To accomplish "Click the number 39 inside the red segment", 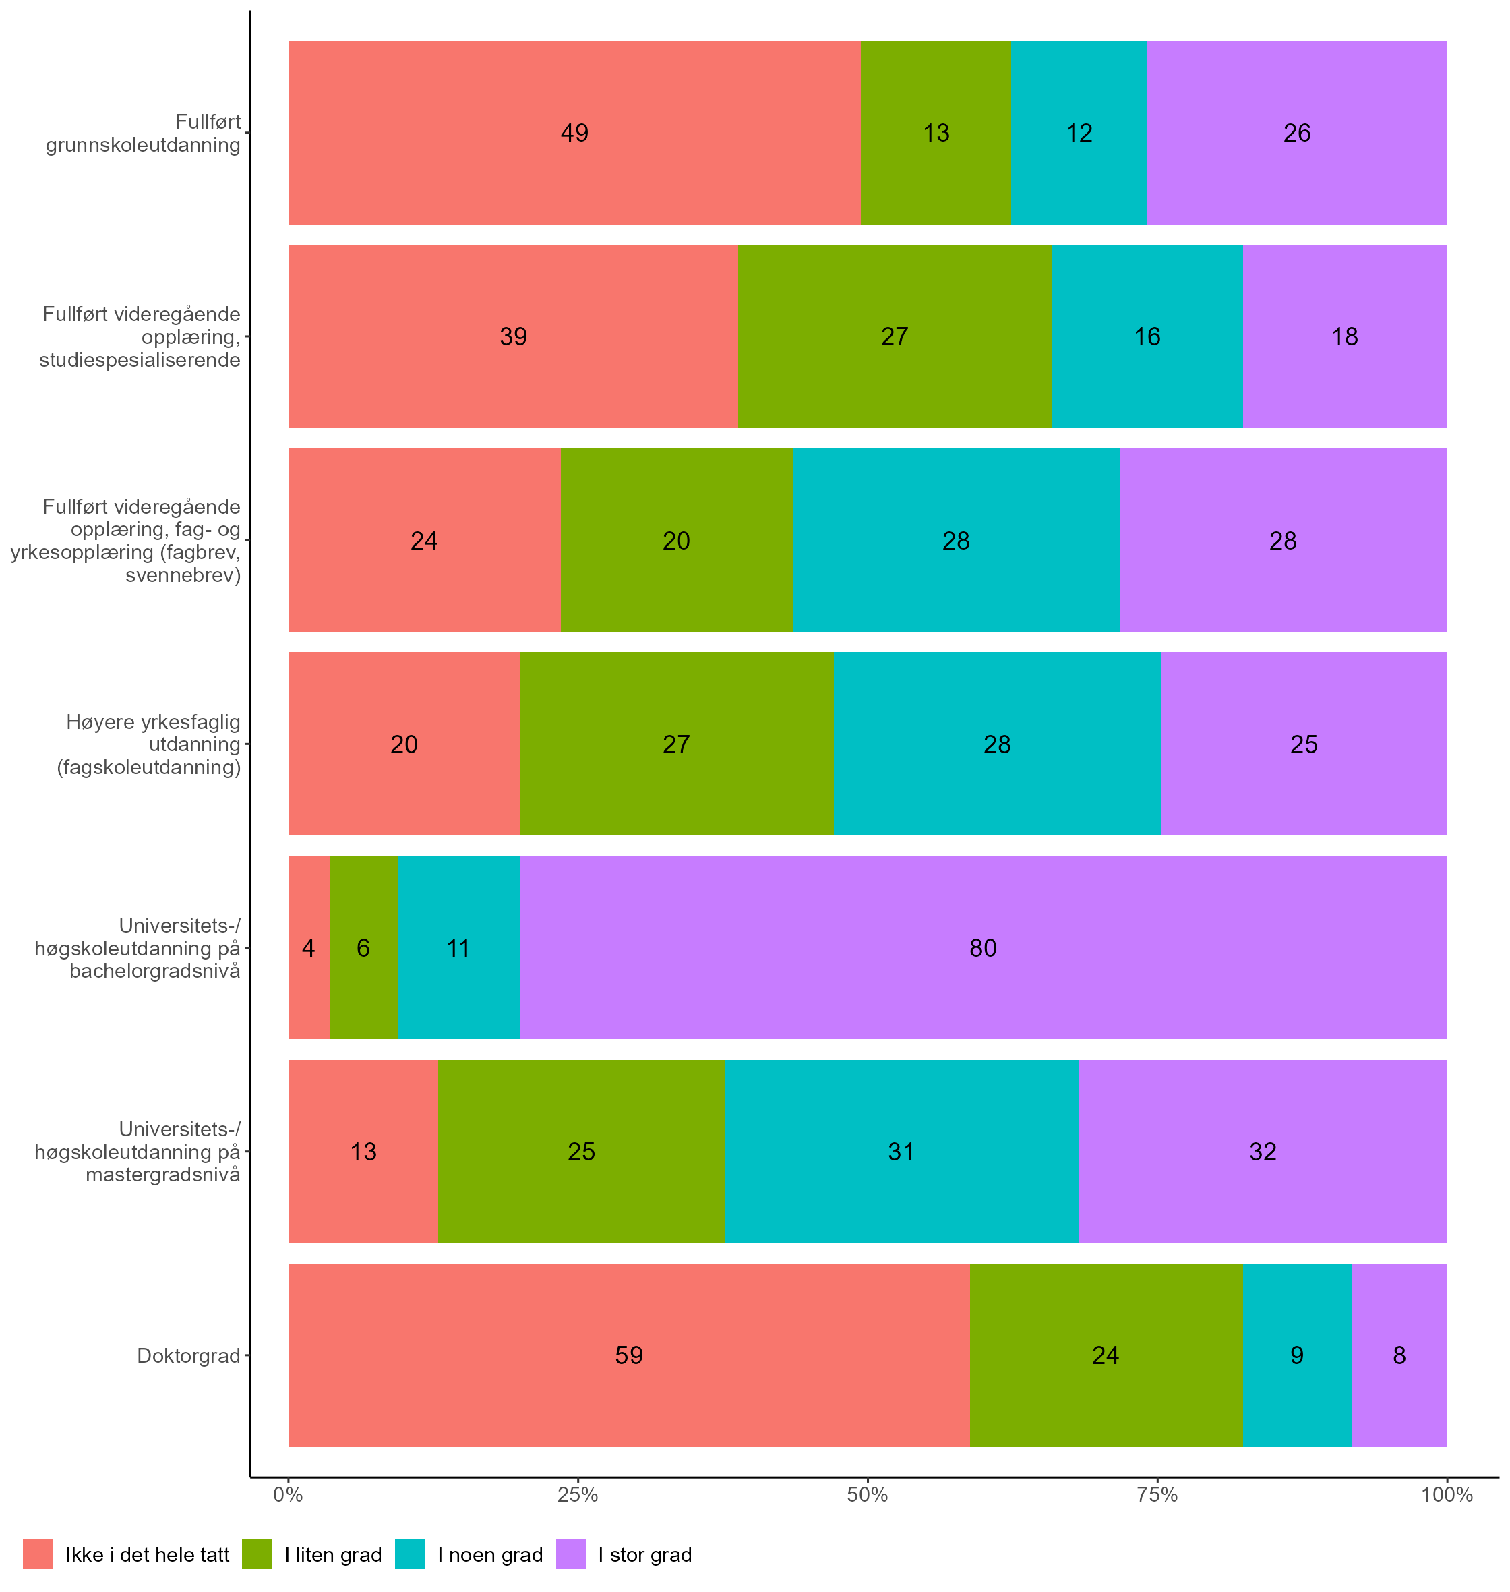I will click(x=513, y=336).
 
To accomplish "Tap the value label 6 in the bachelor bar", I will click(x=363, y=948).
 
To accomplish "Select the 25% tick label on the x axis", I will click(x=578, y=1496).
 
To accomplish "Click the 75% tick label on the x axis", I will click(x=1157, y=1496).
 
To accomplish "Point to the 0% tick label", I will click(x=288, y=1496).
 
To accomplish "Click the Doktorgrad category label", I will click(x=188, y=1355).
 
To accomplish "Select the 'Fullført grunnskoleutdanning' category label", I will click(x=144, y=133).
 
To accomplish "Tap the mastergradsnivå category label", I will click(x=138, y=1152).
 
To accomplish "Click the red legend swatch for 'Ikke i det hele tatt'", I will click(x=38, y=1554).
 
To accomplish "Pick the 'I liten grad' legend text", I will click(x=333, y=1555).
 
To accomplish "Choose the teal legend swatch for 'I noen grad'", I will click(x=410, y=1554).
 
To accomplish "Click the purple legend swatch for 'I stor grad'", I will click(x=571, y=1554).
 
